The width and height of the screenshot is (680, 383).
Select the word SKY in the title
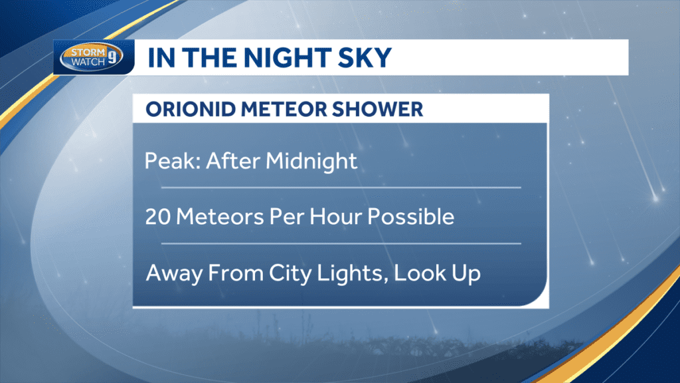365,58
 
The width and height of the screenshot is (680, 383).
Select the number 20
159,217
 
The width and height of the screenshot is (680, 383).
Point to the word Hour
347,217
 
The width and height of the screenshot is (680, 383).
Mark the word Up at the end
466,274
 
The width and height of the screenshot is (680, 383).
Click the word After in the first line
232,162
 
